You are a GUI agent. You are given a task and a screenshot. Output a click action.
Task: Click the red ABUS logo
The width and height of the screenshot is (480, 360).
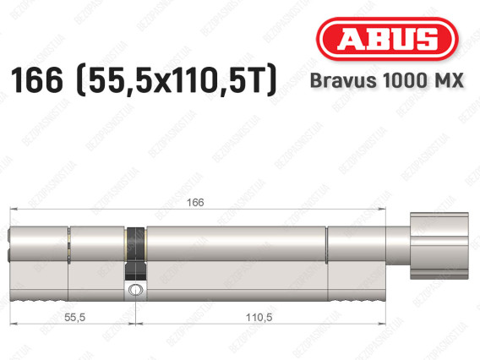point(387,39)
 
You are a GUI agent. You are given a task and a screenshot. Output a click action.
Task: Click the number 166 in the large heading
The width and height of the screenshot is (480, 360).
point(36,80)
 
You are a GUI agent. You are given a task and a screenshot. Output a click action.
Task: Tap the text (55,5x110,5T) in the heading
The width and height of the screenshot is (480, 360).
point(177,81)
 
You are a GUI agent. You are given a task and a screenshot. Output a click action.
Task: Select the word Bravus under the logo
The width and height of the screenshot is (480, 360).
point(343,80)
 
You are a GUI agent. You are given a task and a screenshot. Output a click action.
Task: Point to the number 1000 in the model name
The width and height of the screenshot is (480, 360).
point(407,80)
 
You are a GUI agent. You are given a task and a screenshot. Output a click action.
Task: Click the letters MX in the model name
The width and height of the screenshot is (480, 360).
point(451,80)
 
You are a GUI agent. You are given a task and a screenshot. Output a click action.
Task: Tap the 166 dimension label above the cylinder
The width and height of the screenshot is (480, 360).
point(195,202)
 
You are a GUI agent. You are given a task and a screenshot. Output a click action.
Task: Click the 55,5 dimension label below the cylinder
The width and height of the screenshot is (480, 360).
point(74,318)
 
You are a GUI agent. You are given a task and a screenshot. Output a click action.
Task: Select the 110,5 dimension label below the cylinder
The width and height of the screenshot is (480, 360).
point(259,318)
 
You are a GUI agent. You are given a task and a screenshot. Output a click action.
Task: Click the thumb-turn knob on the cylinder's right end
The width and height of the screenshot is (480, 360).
point(439,246)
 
